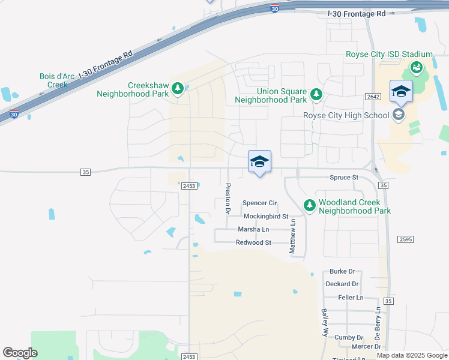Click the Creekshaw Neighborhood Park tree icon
(x=178, y=89)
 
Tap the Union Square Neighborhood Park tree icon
(x=316, y=94)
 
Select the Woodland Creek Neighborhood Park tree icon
(x=310, y=206)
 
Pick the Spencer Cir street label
(x=259, y=203)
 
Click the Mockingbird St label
(x=266, y=216)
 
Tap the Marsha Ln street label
(x=253, y=229)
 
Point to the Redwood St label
(x=254, y=242)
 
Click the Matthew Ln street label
(x=293, y=236)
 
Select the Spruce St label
(x=344, y=178)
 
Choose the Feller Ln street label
(x=351, y=297)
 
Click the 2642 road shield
(x=373, y=96)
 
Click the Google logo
(x=20, y=353)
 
